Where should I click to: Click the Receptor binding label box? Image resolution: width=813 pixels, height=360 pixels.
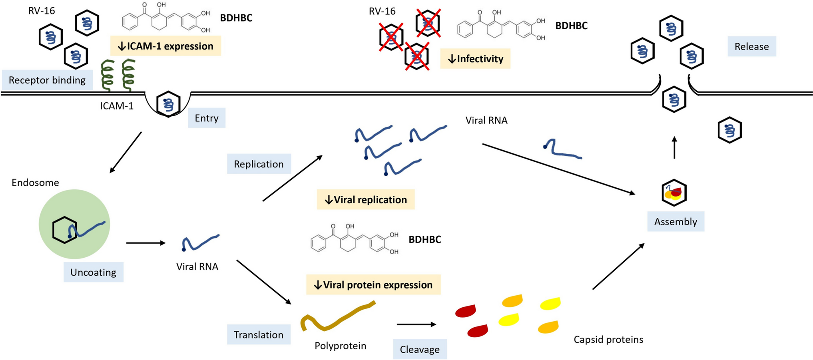tap(47, 80)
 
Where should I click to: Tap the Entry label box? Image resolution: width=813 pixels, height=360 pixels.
tap(207, 118)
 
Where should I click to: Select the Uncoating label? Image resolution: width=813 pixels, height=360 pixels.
tap(93, 272)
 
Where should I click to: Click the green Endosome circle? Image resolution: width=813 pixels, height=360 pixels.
tap(74, 208)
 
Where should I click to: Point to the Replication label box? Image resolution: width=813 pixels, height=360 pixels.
tap(259, 164)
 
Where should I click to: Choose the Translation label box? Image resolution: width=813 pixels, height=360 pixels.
tap(259, 334)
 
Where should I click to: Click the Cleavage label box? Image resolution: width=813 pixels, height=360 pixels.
tap(420, 349)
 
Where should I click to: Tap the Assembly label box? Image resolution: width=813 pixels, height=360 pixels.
tap(676, 221)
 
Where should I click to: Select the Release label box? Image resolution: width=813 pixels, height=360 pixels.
tap(751, 46)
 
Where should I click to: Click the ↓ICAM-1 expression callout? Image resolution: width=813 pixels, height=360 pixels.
tap(165, 46)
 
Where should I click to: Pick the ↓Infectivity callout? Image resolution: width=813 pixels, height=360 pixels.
tap(475, 59)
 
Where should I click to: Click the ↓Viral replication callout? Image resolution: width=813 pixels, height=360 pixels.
tap(366, 199)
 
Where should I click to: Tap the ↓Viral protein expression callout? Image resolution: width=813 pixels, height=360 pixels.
tap(373, 284)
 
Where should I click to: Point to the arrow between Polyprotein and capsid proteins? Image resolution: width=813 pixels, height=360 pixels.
tap(416, 324)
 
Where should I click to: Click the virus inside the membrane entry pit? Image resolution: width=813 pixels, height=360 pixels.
tap(168, 104)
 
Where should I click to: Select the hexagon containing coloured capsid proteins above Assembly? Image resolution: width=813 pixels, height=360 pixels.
tap(674, 193)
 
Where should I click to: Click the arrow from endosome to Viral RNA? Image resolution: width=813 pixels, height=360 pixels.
tap(145, 243)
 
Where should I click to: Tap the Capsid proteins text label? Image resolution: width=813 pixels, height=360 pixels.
tap(608, 339)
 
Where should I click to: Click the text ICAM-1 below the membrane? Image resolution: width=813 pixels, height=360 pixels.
tap(117, 106)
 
